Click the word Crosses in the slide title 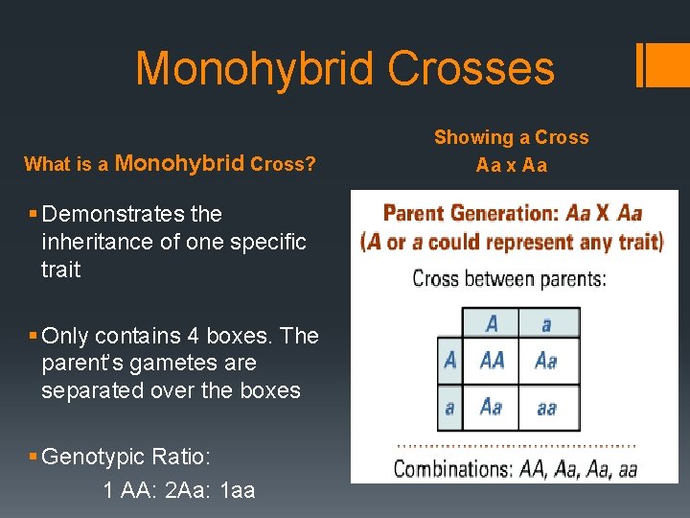(471, 69)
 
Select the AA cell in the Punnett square (492, 361)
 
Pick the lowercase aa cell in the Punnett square (546, 408)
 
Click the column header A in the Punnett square (492, 322)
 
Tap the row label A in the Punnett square (450, 361)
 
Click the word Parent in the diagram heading (415, 213)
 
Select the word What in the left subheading (45, 164)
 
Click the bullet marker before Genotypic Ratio (34, 457)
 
